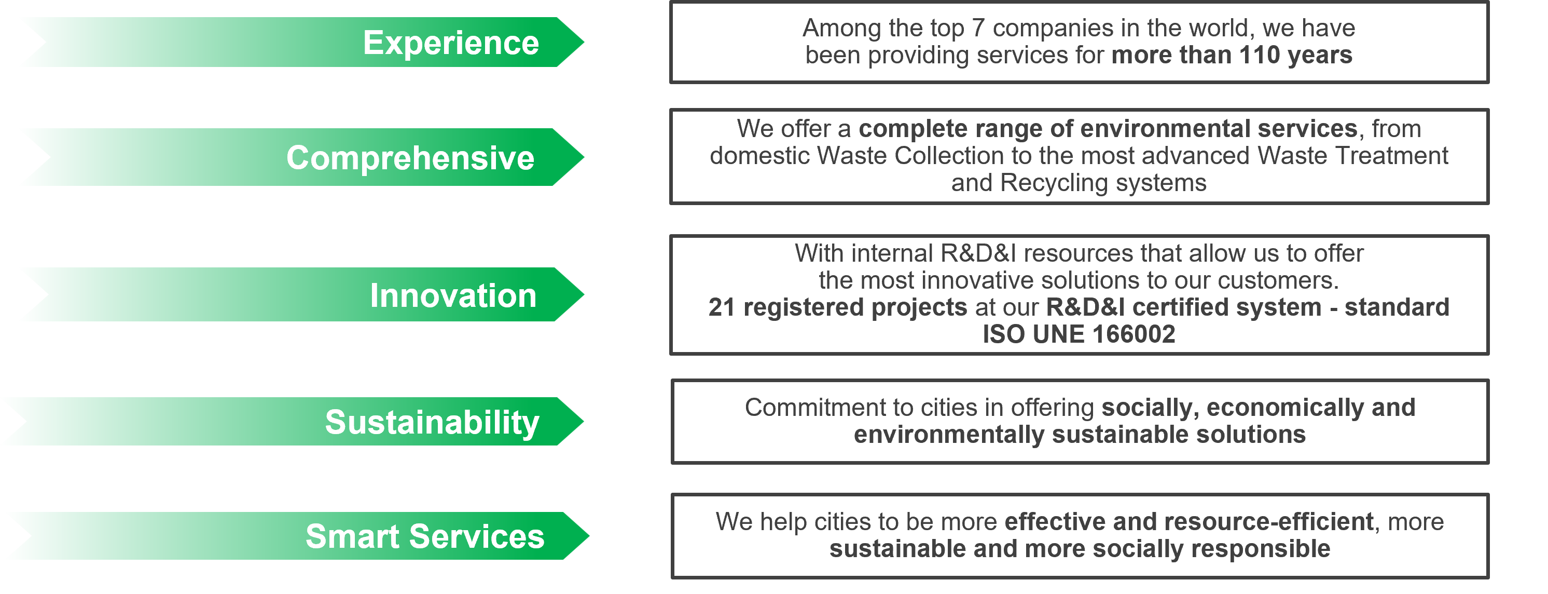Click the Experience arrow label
tap(451, 43)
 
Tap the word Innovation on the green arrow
tap(453, 295)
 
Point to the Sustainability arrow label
tap(432, 422)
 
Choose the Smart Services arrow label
tap(425, 536)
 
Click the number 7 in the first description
tap(978, 28)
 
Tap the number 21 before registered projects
tap(722, 307)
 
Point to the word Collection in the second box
tap(949, 156)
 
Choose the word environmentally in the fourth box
tap(949, 435)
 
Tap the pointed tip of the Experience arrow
tap(583, 42)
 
